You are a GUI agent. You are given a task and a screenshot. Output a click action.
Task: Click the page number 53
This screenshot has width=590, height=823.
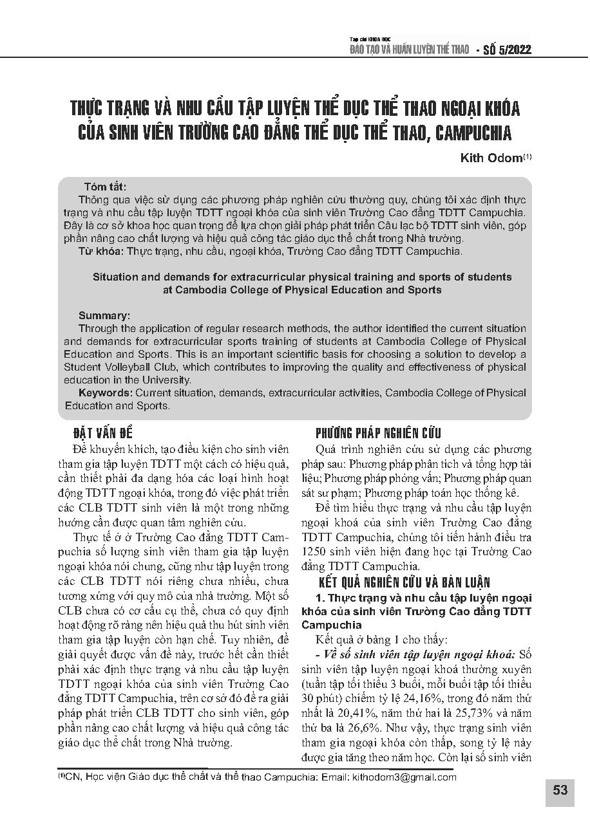point(560,790)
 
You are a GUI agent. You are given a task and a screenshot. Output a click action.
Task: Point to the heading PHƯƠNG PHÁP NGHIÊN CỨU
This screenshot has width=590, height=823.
point(377,432)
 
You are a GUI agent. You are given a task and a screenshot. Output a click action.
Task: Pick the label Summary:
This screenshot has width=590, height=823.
point(104,316)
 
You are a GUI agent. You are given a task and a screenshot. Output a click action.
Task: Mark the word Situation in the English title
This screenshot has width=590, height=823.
point(117,277)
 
